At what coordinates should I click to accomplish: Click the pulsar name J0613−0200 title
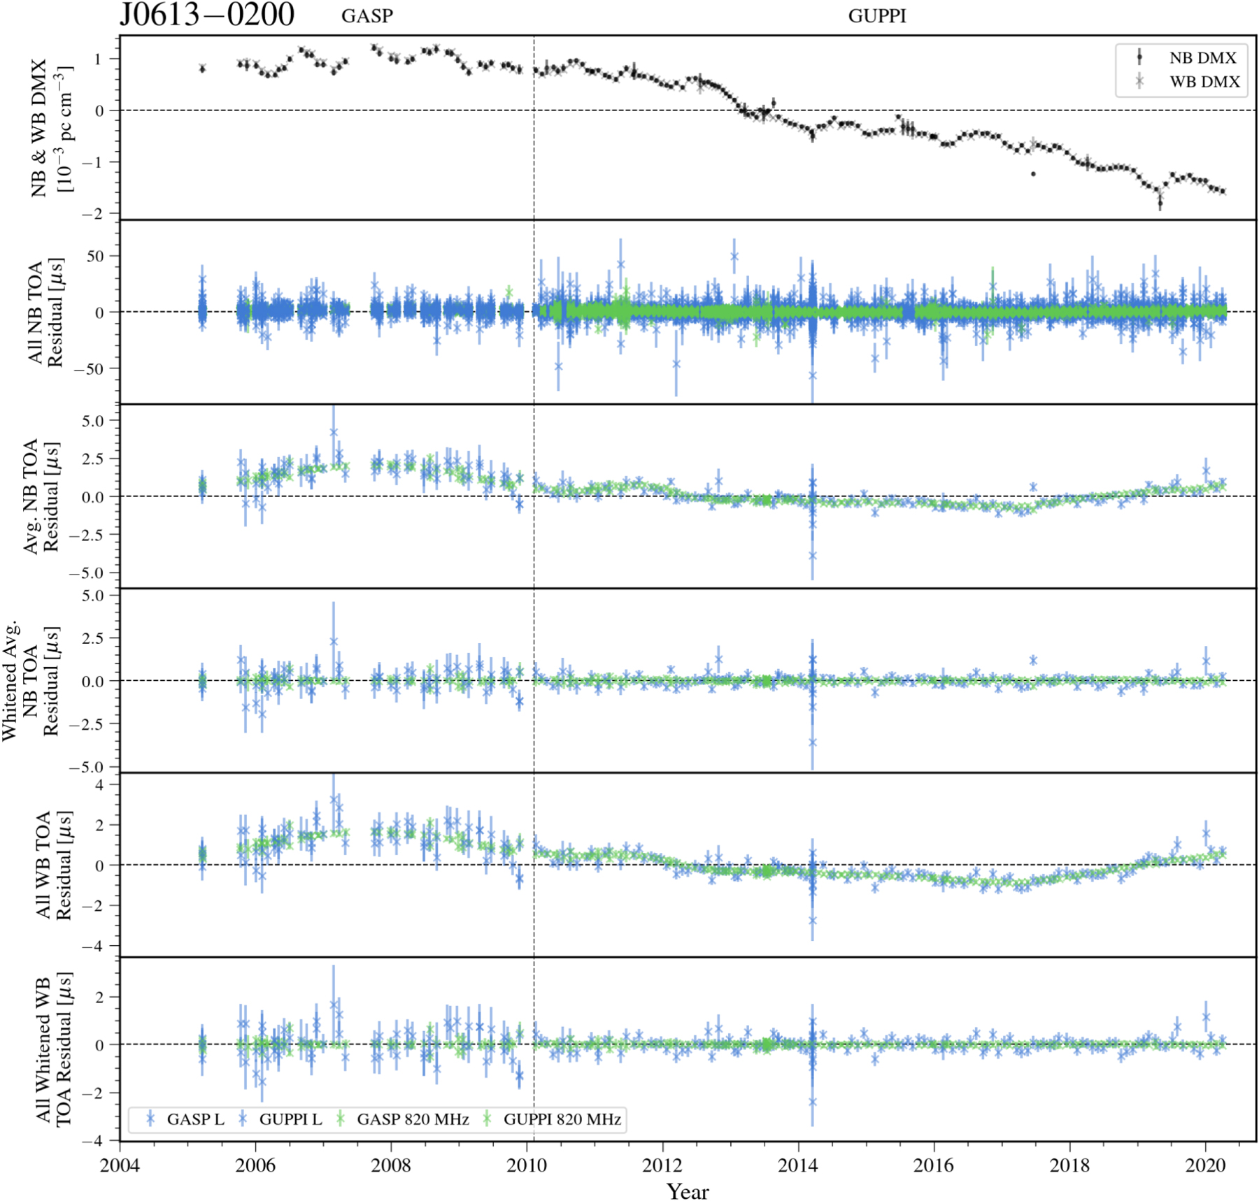207,15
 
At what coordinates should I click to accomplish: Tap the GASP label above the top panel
367,16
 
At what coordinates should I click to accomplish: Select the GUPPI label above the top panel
877,16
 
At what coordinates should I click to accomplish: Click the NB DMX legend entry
1202,58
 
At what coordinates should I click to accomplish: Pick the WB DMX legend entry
1204,82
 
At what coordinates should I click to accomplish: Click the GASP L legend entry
194,1119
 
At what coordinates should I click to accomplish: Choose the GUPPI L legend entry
290,1119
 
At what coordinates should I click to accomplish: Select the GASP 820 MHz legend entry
412,1119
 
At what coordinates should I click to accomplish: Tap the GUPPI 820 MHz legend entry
562,1119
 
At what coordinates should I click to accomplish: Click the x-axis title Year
688,1191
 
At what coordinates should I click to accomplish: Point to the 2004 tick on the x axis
120,1165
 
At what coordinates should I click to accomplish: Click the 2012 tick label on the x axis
662,1165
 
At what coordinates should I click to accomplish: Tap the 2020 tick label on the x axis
1205,1165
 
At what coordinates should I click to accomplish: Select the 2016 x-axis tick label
934,1165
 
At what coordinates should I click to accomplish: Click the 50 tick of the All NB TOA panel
95,256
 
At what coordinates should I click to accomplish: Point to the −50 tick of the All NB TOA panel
89,368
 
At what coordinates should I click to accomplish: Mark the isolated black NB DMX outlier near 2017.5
1033,173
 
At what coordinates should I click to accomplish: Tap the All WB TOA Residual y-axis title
54,865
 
